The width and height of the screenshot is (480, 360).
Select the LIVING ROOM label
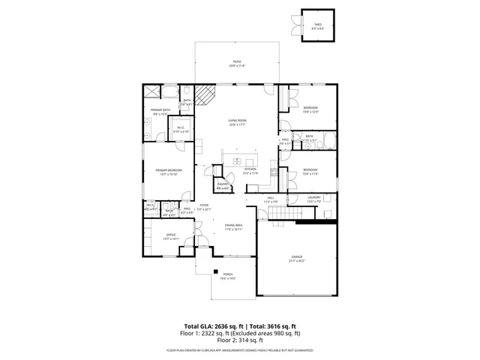(237, 122)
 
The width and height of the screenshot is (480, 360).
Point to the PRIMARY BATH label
(159, 112)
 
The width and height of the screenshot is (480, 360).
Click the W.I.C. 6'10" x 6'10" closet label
(181, 129)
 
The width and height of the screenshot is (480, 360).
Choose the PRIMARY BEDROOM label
(166, 172)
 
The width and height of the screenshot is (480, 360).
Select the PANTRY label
(223, 185)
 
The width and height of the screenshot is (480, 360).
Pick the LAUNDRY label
(313, 200)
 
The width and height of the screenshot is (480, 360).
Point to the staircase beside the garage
(281, 217)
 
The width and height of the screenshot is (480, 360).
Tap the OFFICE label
(170, 237)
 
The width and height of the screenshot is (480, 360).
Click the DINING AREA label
(233, 227)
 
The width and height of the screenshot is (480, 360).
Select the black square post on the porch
(214, 271)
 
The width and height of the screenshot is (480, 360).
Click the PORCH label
(227, 277)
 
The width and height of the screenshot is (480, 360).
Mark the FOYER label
(204, 207)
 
